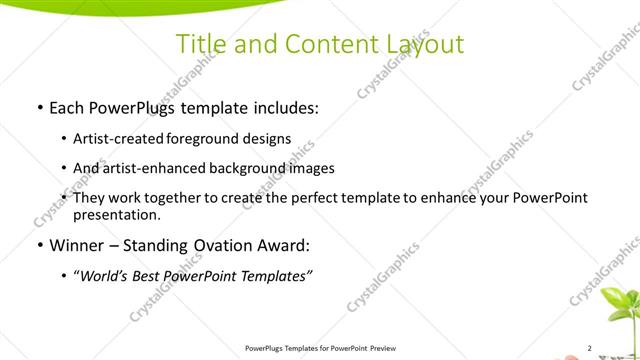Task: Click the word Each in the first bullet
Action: click(x=68, y=107)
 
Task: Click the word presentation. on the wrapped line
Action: click(x=116, y=215)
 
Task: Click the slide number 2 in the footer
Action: click(x=589, y=348)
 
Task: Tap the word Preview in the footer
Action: click(x=385, y=348)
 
